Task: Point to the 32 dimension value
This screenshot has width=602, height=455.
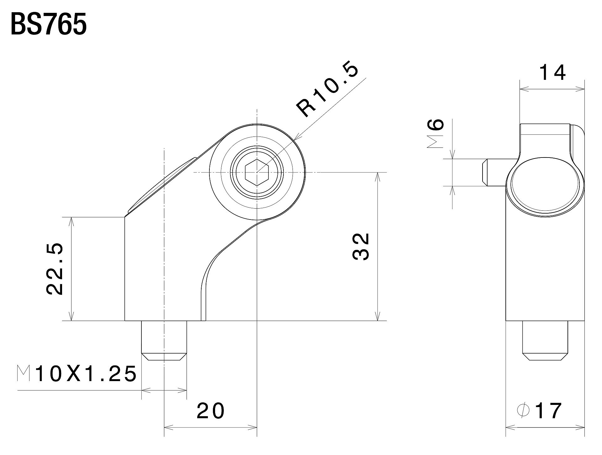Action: point(361,246)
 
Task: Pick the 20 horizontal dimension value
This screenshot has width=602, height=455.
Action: point(210,411)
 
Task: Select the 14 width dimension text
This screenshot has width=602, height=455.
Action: point(552,73)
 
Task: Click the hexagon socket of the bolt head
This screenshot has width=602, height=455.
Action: point(257,172)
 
